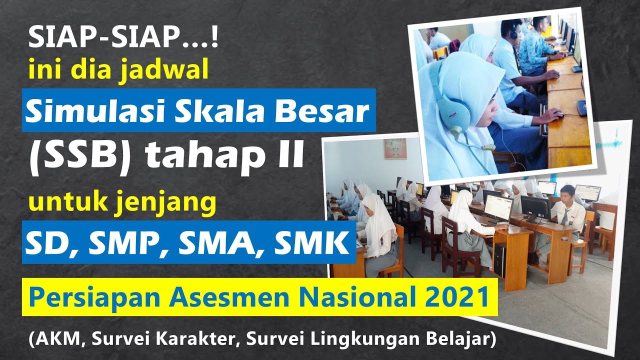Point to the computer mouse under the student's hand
[558, 115]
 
